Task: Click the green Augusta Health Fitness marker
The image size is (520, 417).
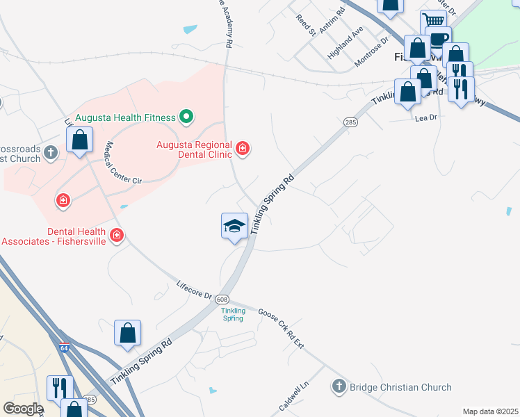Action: [x=186, y=117]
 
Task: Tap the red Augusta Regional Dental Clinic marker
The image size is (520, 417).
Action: [x=243, y=148]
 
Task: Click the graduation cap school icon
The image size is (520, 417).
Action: [x=234, y=225]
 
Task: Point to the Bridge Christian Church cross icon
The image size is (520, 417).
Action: [x=339, y=387]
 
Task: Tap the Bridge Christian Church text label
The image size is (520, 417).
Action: [x=400, y=387]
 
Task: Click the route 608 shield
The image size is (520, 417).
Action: [x=222, y=298]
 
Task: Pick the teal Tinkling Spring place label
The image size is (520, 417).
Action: [x=234, y=314]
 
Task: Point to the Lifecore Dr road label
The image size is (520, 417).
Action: [x=194, y=290]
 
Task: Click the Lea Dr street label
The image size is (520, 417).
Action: [x=425, y=118]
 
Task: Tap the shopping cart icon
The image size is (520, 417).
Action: [x=434, y=22]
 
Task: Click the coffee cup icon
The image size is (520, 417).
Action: [x=438, y=38]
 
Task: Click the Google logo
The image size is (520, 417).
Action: [x=23, y=409]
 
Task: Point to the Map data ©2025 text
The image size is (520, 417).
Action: [x=490, y=411]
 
